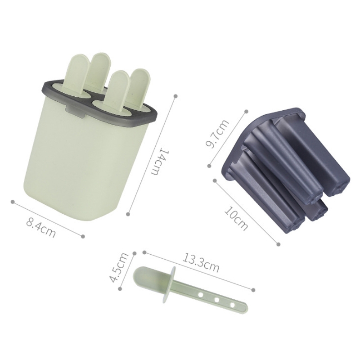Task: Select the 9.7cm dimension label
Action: coord(217,134)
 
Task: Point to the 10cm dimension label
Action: coord(236,218)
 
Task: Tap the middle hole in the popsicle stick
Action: coord(216,300)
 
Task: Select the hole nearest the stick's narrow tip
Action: coord(233,306)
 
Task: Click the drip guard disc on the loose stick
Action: coord(169,284)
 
